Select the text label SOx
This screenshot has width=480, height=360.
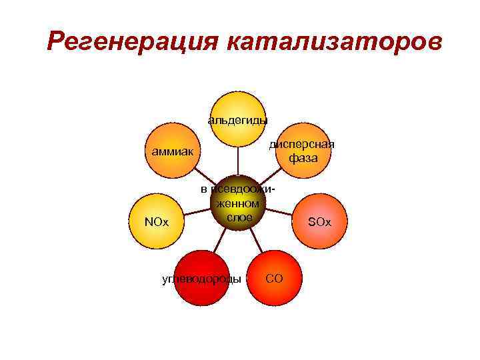coord(319,221)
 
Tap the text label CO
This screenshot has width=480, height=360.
coord(274,278)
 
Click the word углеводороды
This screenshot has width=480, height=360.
coord(202,279)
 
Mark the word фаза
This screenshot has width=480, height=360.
coord(303,159)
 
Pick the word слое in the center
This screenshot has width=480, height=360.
coord(239,218)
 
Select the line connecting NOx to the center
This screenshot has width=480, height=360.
coord(196,214)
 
